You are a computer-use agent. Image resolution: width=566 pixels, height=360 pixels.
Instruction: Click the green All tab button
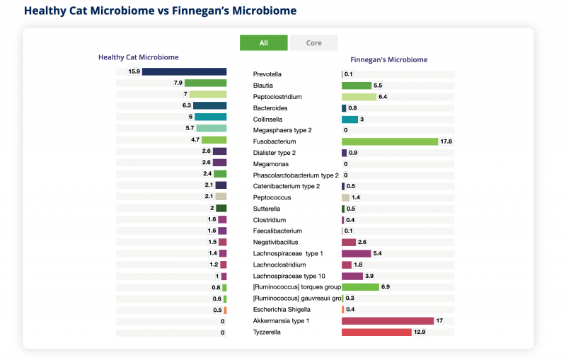coord(263,42)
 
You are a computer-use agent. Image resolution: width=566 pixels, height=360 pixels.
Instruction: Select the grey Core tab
coord(313,42)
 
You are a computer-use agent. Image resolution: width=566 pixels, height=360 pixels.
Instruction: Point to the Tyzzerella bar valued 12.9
coord(376,332)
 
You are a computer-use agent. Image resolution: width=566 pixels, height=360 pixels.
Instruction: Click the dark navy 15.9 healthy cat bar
coord(184,71)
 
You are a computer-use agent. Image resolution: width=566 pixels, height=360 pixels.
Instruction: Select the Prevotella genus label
coord(267,74)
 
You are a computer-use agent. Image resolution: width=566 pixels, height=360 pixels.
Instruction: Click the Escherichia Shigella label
coord(281,310)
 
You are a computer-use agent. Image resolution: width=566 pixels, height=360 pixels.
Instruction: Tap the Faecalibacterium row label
coord(277,231)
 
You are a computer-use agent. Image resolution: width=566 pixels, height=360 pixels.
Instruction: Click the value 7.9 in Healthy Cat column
coord(178,83)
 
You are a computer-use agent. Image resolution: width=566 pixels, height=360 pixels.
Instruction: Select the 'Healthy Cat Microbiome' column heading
coord(138,57)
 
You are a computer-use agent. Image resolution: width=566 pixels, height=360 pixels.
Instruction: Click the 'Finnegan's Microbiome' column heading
coord(388,60)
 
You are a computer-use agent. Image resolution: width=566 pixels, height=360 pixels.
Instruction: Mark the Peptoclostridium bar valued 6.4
coord(359,97)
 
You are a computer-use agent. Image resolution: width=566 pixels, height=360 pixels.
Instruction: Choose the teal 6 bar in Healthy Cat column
coord(210,117)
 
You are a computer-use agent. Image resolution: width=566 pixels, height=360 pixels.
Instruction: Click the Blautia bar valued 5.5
coord(357,86)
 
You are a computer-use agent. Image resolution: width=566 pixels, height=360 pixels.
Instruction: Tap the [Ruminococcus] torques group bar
coord(360,287)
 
